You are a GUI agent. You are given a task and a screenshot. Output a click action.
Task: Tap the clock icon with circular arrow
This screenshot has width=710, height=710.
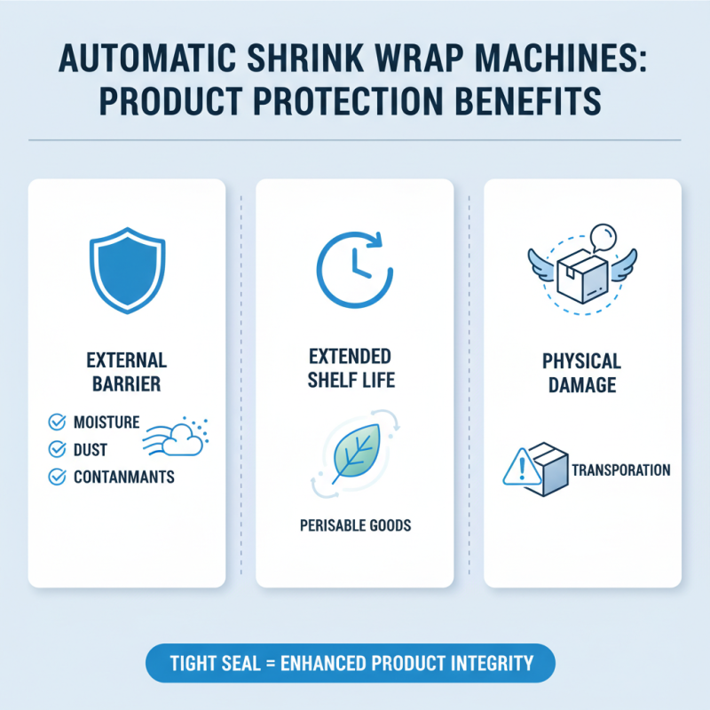coord(353,264)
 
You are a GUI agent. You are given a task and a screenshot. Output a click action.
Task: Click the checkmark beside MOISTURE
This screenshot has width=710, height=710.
coord(57,422)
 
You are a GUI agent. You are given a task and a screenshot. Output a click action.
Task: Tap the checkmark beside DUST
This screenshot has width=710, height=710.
coord(57,450)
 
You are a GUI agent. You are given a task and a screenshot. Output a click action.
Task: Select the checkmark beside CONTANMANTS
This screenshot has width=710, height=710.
coord(57,477)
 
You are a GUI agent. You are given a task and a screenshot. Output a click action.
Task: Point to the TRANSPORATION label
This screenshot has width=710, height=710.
coord(621,469)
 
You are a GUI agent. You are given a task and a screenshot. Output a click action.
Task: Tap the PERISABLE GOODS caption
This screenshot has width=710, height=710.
coord(355,525)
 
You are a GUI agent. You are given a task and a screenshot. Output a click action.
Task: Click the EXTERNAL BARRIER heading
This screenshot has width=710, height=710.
coord(127,373)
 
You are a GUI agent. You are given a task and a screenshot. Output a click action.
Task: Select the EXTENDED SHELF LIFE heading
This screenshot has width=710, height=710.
coord(351,368)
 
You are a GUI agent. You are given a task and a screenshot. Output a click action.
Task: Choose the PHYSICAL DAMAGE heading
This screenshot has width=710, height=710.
coord(582,374)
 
